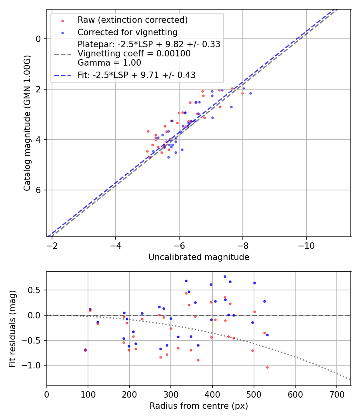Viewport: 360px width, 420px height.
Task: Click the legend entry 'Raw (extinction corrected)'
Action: tap(132, 20)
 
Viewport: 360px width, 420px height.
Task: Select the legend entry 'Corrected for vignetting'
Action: tap(127, 32)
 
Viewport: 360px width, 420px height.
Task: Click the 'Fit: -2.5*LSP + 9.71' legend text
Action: tap(136, 75)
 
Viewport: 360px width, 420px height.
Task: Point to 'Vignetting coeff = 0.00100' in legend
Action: tap(134, 54)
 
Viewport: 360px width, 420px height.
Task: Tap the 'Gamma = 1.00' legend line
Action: tap(109, 63)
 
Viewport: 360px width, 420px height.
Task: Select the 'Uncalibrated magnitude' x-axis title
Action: tap(199, 257)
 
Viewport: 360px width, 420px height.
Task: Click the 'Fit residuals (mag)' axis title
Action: tap(12, 328)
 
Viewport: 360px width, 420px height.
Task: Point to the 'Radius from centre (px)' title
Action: tap(199, 406)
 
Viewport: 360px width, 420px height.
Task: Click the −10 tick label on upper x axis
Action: tap(306, 245)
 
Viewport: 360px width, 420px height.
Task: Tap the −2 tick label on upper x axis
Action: tap(52, 245)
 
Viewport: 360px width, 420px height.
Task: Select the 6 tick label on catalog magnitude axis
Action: tap(38, 190)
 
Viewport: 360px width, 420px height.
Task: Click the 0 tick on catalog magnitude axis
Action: tap(38, 39)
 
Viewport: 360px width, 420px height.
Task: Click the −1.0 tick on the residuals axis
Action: tap(34, 366)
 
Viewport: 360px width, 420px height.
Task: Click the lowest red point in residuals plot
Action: tap(267, 367)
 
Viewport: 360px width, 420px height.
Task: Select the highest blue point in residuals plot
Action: tap(225, 276)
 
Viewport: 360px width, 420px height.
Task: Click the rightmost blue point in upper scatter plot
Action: tap(250, 93)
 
